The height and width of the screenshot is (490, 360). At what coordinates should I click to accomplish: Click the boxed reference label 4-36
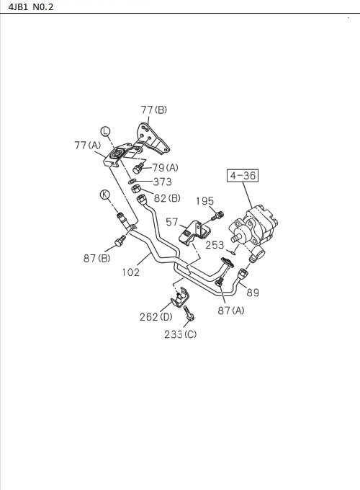click(243, 175)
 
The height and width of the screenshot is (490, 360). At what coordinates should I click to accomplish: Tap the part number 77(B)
click(153, 110)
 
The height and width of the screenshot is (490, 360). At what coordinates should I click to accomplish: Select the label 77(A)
click(89, 145)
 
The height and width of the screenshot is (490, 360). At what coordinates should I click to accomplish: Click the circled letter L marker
click(105, 131)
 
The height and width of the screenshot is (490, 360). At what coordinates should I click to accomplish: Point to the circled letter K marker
click(105, 195)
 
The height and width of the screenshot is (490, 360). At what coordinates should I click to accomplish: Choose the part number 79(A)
click(165, 168)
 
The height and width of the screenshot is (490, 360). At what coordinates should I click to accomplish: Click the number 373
click(162, 182)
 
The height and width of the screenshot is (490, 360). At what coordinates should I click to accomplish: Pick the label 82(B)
click(166, 198)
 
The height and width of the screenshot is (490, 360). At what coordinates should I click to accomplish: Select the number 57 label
click(172, 223)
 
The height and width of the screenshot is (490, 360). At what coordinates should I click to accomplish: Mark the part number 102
click(130, 272)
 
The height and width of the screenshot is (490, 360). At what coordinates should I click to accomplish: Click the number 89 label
click(253, 292)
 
